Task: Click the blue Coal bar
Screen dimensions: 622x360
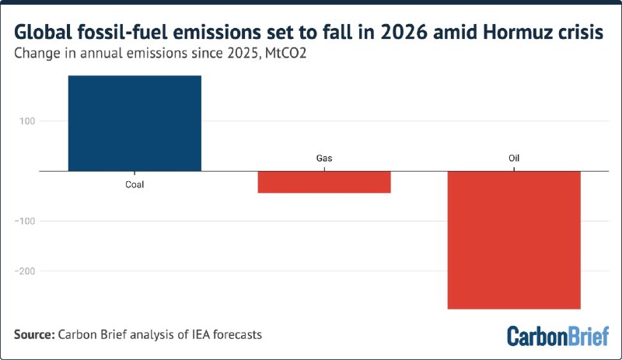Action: [x=135, y=124]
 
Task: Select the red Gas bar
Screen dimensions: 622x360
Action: [x=324, y=182]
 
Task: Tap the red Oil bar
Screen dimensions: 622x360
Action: [x=514, y=240]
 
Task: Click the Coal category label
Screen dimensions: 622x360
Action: [x=135, y=184]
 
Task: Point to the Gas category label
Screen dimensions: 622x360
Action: [x=324, y=158]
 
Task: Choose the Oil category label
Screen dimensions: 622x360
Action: [x=514, y=158]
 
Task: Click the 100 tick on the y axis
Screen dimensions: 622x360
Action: [x=27, y=121]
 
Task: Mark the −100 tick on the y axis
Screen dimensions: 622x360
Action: [x=25, y=221]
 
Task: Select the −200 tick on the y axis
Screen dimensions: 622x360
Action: [x=25, y=271]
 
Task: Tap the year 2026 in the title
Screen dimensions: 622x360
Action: [x=404, y=32]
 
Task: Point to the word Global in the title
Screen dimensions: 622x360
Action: [x=44, y=32]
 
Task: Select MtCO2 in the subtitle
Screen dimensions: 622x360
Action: [x=285, y=53]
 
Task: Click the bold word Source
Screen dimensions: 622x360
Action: [x=34, y=334]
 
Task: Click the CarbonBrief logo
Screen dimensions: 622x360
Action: [x=557, y=336]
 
